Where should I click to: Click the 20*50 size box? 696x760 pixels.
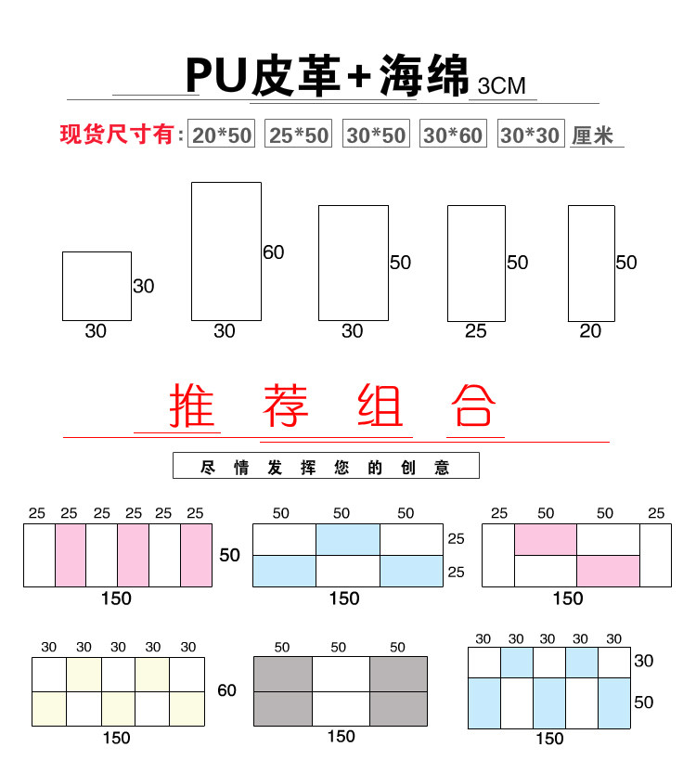(222, 135)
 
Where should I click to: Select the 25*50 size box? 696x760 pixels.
(299, 135)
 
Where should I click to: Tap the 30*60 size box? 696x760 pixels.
(453, 135)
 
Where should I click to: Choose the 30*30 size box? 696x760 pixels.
(530, 135)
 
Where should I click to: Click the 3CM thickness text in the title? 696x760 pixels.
(501, 86)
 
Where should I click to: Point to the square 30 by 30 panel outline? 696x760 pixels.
(97, 286)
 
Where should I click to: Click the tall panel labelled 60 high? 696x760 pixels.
(226, 251)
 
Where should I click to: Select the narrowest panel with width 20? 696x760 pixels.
(591, 264)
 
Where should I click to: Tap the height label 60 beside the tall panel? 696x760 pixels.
(274, 252)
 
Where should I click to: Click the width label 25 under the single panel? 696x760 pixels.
(475, 331)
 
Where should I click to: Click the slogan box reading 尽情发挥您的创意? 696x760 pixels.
(326, 466)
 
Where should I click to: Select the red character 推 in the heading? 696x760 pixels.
(192, 406)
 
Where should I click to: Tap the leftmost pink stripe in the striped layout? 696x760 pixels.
(71, 555)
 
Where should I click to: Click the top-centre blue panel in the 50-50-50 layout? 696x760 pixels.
(348, 539)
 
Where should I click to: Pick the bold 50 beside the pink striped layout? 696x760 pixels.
(230, 555)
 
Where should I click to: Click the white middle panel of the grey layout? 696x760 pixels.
(341, 691)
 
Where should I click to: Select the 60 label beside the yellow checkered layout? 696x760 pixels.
(227, 690)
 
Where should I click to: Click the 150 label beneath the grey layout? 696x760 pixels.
(341, 736)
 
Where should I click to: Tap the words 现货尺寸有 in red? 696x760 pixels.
(117, 135)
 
